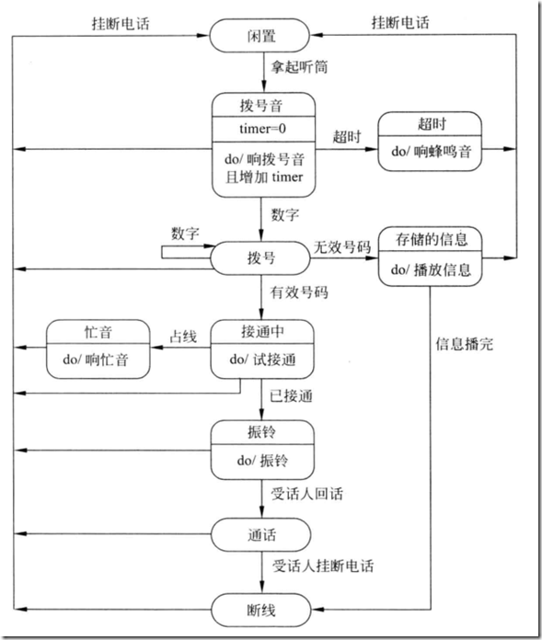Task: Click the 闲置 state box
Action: [259, 36]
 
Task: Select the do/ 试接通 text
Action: [258, 360]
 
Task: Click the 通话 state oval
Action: [259, 533]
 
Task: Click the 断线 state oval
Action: [259, 609]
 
